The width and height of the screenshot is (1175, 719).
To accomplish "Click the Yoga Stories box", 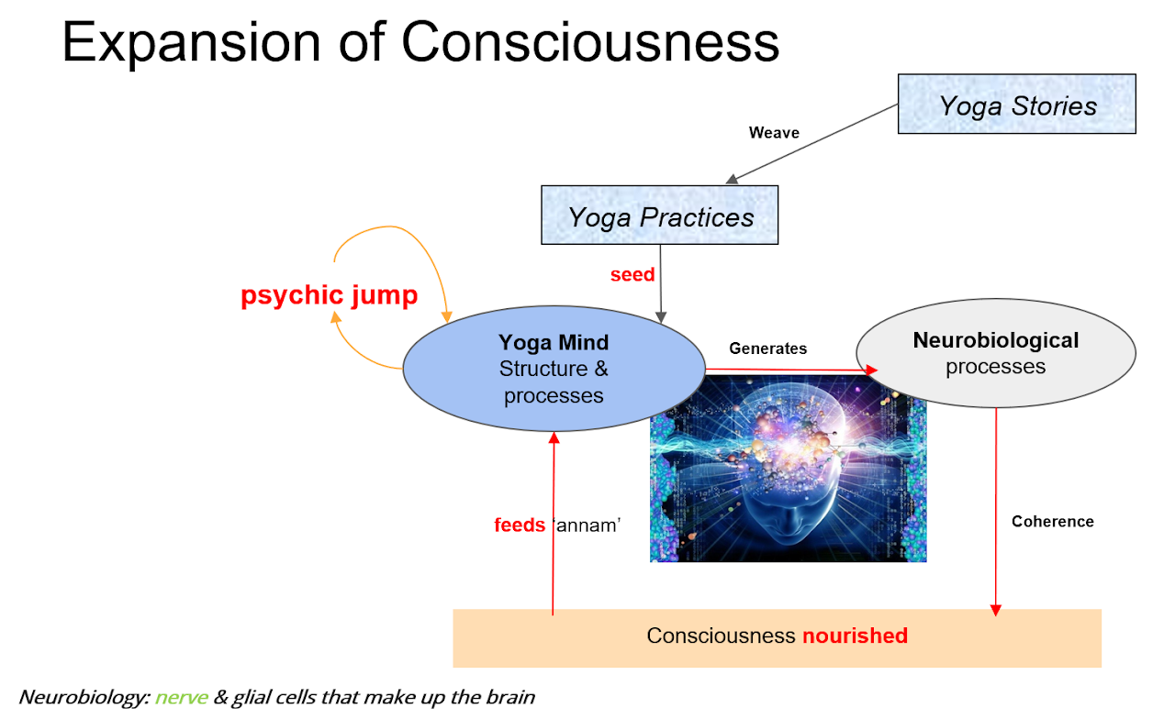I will click(1016, 105).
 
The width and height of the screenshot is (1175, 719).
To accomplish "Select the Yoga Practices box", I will click(659, 216).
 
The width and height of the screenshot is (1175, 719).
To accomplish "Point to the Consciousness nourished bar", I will click(777, 636).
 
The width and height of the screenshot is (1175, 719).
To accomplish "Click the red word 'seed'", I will click(632, 274).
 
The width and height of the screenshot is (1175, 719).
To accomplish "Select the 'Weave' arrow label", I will click(774, 133).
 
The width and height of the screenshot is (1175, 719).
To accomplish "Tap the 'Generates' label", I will click(767, 348).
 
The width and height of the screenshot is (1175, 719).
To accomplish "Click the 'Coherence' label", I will click(1052, 522).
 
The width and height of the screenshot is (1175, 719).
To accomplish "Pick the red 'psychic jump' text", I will click(329, 296).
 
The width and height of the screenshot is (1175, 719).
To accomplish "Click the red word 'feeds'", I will click(520, 526).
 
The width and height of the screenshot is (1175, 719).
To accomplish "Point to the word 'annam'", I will click(587, 526).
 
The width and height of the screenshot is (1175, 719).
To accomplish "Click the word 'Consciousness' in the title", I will click(590, 41).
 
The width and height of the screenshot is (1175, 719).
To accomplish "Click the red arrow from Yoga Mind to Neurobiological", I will click(789, 370).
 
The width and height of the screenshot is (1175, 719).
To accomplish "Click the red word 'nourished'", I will click(855, 636).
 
